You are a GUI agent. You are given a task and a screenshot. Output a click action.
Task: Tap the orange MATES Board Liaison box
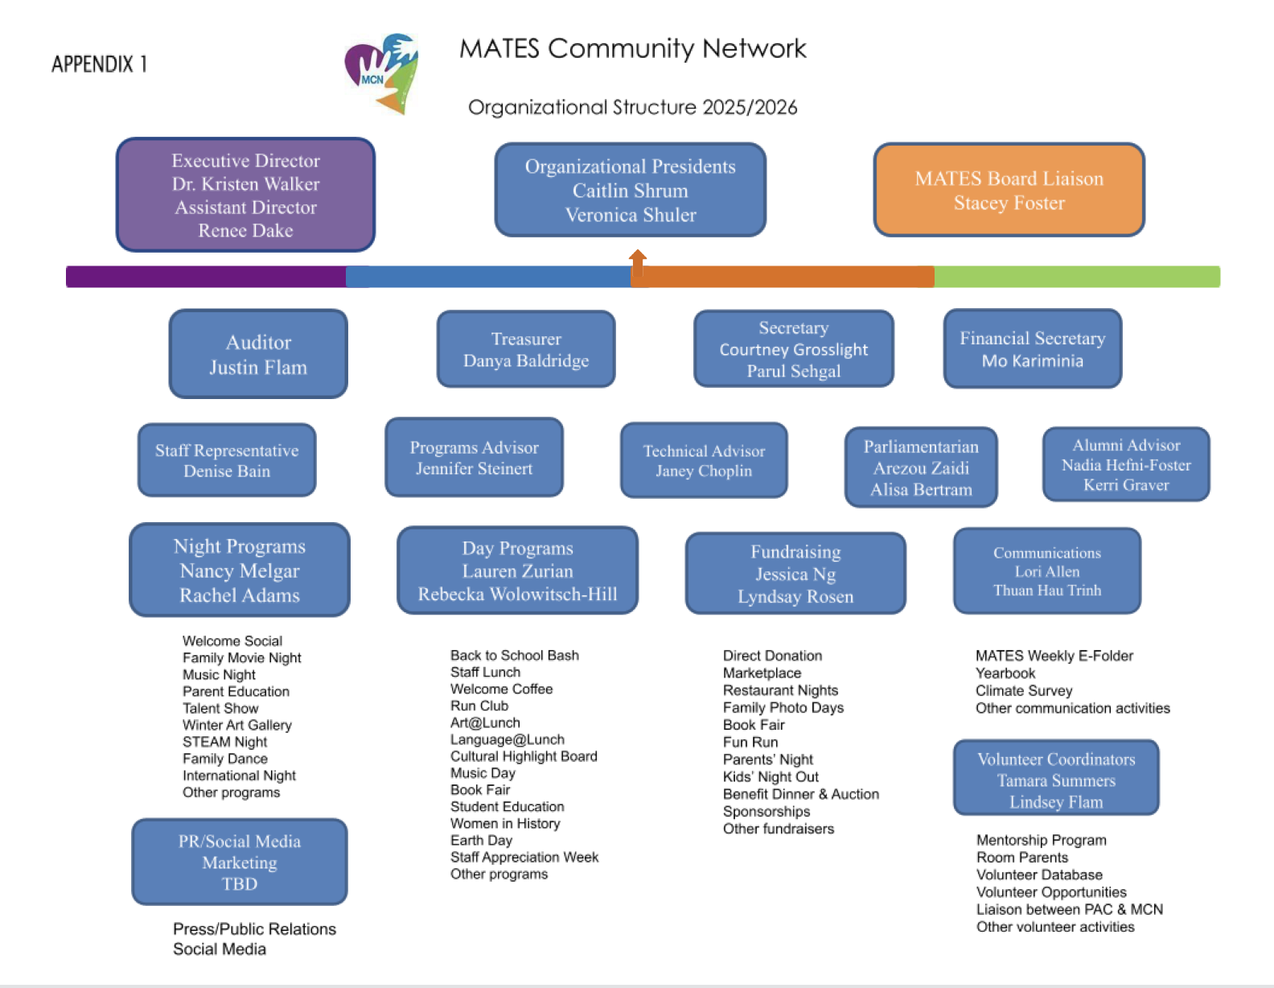[x=1009, y=190]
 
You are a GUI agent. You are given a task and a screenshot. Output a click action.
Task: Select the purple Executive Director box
[x=245, y=195]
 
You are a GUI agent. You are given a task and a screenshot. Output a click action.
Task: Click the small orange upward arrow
[x=638, y=261]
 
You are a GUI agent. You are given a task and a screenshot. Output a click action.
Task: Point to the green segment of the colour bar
[x=1076, y=277]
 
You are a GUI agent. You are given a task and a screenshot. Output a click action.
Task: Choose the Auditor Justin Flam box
[x=258, y=354]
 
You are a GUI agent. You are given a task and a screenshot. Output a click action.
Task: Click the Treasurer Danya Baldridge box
[x=526, y=349]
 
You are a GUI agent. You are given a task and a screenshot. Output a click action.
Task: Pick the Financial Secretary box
[x=1032, y=349]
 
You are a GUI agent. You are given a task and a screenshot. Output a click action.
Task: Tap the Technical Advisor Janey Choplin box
[x=704, y=460]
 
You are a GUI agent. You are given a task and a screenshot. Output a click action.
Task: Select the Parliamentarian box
[x=921, y=467]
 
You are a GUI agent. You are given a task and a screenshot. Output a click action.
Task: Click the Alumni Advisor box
[x=1126, y=464]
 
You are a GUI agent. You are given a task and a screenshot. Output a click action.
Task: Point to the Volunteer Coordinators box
[x=1056, y=778]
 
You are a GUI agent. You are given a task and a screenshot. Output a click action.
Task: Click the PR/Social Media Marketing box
[x=240, y=862]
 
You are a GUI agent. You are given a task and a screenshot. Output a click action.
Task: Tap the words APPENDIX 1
[x=99, y=64]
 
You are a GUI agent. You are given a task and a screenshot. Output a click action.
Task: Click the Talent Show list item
[x=220, y=708]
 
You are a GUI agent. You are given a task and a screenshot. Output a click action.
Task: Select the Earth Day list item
[x=481, y=840]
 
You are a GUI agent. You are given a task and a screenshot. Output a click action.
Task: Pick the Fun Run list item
[x=750, y=742]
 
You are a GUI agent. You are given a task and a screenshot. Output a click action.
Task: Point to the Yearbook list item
[x=1005, y=673]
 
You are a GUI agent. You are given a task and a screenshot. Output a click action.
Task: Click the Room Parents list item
[x=1022, y=857]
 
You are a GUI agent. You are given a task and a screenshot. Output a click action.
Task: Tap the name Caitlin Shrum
[x=631, y=191]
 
